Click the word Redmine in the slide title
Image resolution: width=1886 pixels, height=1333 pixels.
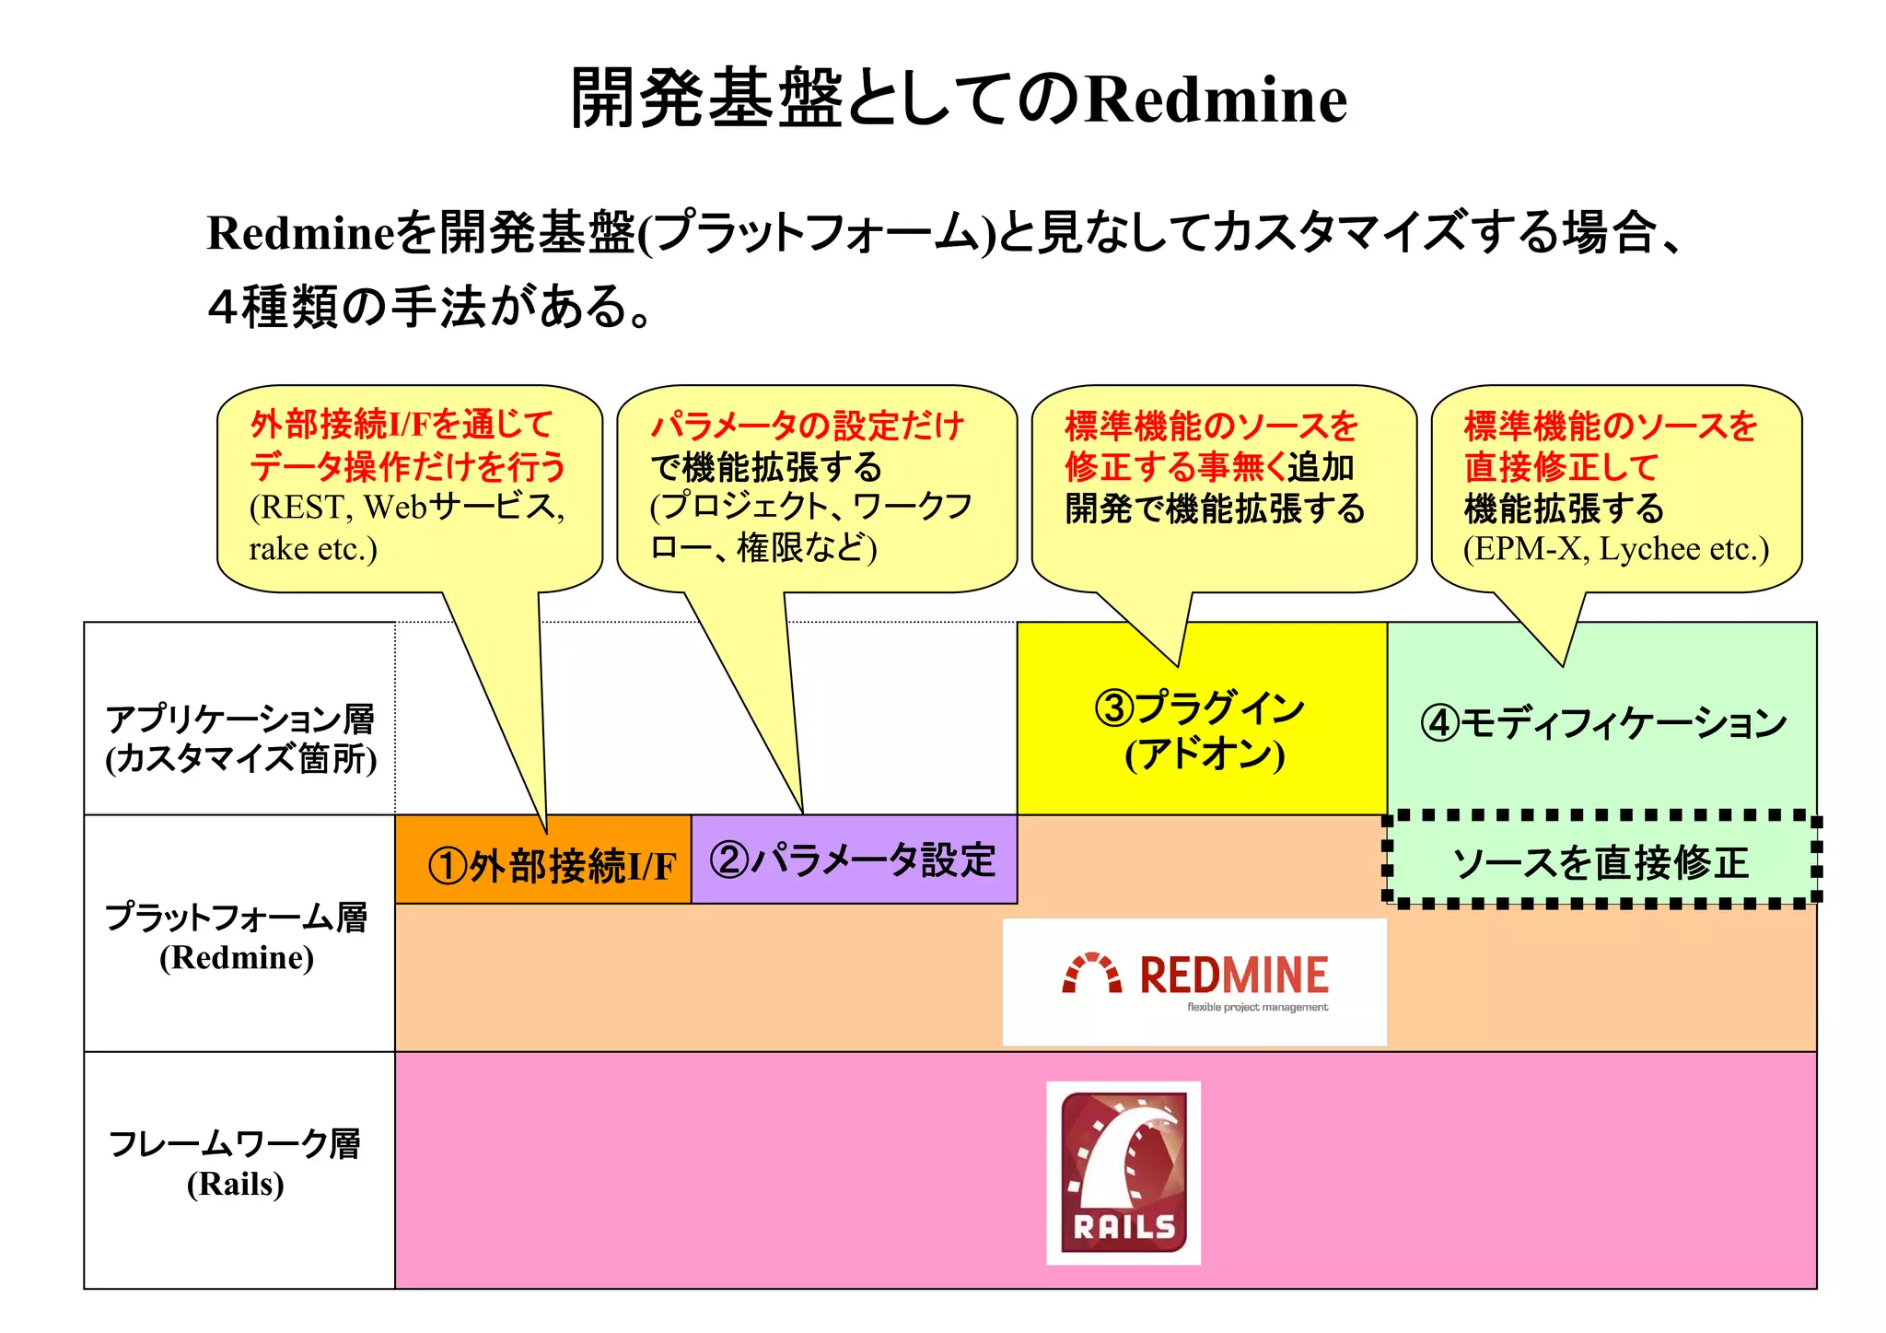[x=1216, y=99]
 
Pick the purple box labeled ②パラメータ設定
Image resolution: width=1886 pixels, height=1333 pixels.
[x=854, y=860]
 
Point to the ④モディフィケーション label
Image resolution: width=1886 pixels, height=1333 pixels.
[x=1602, y=723]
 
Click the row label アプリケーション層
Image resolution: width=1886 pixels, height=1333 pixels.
[x=240, y=719]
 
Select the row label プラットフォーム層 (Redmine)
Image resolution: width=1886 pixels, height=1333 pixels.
[x=237, y=936]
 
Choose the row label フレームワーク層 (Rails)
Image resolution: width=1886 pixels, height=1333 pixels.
[x=236, y=1163]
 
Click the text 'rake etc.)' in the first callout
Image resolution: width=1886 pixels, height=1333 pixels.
[x=313, y=549]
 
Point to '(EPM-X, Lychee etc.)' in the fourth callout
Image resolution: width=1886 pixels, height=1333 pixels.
[x=1616, y=549]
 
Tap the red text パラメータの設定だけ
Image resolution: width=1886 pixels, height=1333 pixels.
[x=807, y=427]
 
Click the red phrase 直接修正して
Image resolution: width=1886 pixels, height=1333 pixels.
[x=1561, y=467]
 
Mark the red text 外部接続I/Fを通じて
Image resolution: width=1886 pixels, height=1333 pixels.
[x=402, y=425]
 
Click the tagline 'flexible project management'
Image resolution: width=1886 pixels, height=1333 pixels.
[x=1257, y=1008]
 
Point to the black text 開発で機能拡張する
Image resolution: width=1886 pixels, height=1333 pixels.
[x=1215, y=509]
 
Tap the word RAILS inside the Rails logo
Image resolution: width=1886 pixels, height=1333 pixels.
[x=1123, y=1227]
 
